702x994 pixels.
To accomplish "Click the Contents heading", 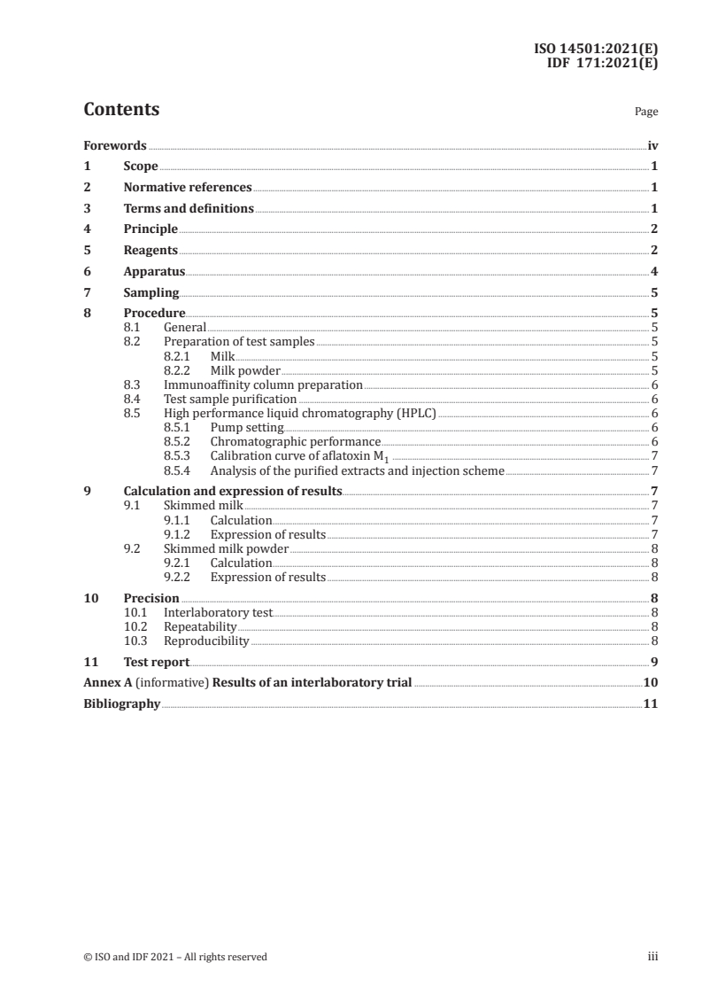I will pos(121,110).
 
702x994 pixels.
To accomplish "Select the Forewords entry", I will pos(115,145).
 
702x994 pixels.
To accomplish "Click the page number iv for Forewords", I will pos(652,145).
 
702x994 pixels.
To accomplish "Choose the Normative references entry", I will pos(188,187).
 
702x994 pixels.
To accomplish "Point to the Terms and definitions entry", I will pos(189,208).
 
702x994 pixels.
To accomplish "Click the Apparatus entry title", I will pos(154,272).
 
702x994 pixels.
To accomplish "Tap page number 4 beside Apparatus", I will pos(653,272).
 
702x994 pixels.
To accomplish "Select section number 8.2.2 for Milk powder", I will pos(180,370).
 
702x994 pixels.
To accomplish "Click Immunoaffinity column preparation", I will pos(263,384).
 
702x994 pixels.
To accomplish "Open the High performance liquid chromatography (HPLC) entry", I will pos(301,413).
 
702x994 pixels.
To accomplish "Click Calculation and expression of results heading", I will pos(233,491).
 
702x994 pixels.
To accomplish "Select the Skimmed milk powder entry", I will pos(227,548).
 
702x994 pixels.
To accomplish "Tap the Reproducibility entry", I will pos(206,641).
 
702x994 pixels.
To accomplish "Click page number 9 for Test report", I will pos(653,661).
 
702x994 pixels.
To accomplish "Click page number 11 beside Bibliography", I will pos(651,703).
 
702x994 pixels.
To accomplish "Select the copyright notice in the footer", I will pos(175,957).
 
